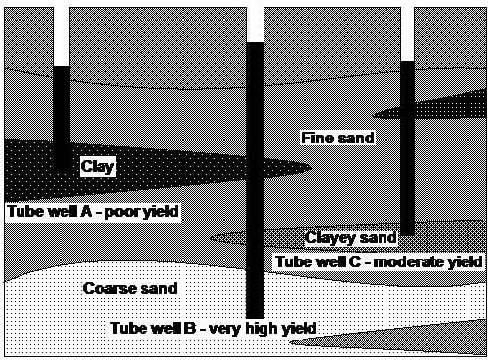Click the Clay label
tap(98, 167)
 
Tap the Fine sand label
tap(337, 138)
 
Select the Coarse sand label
tap(130, 288)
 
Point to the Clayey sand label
tap(350, 237)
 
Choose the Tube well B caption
tap(214, 328)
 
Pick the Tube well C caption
tap(380, 261)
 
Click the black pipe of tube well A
tap(61, 117)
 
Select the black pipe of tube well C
tap(408, 137)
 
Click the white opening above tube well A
tap(61, 34)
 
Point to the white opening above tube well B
tap(256, 21)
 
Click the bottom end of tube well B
tap(256, 313)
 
